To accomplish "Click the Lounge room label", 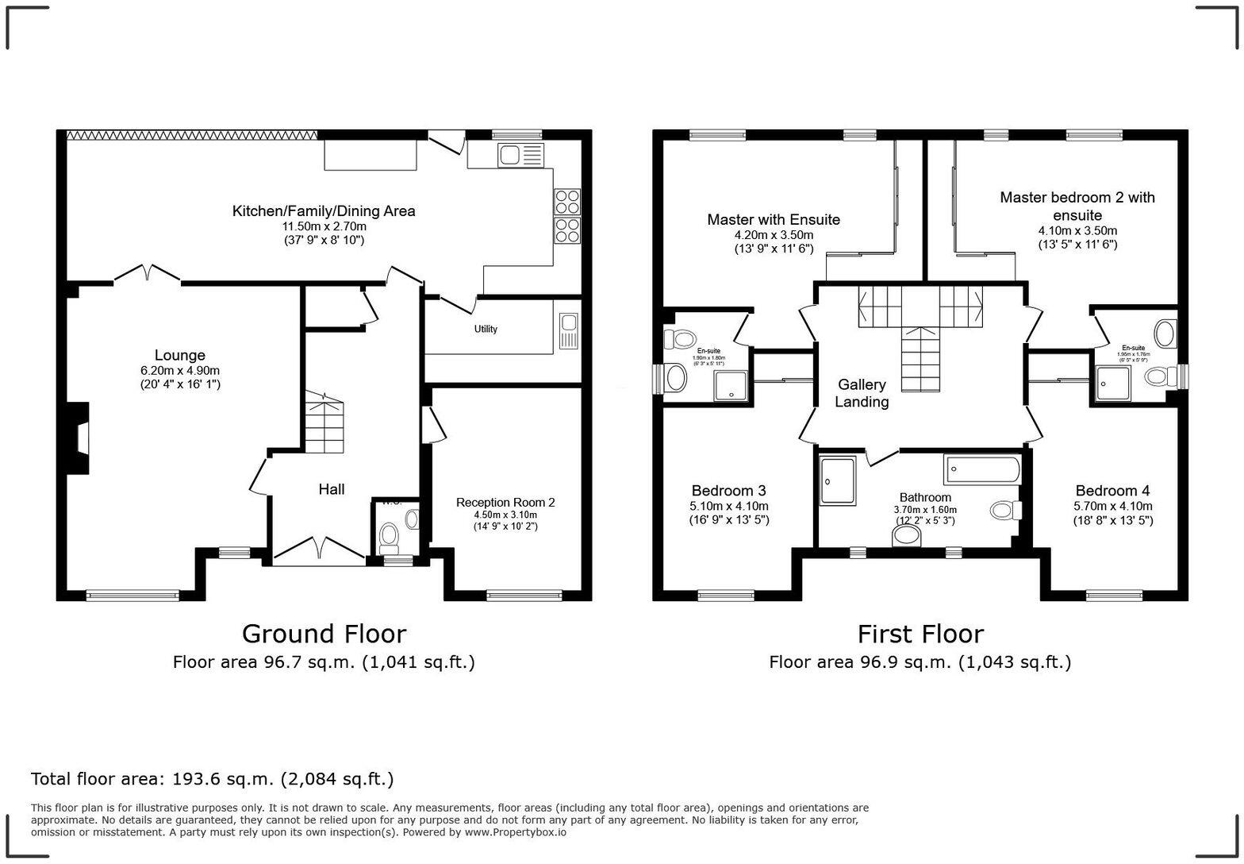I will [179, 356].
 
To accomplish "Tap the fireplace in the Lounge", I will [79, 439].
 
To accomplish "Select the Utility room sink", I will [568, 331].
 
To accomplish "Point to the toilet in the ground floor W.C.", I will [389, 537].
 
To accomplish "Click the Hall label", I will [332, 489].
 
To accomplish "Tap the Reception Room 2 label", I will [505, 502].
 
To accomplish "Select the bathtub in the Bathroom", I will [982, 469].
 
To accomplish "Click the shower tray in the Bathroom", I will [838, 480].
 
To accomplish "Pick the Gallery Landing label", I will [862, 393].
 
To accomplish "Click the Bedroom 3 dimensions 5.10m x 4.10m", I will [728, 506].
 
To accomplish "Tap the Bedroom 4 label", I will [1112, 491].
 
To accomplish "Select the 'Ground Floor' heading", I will [324, 634].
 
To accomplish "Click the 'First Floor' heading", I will [920, 634].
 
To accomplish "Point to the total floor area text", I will [212, 779].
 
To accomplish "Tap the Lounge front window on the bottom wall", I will [133, 595].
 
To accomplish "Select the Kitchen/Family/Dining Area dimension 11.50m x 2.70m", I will [324, 226].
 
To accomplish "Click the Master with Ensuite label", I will [774, 219].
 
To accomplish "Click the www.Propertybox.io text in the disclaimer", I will [516, 832].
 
